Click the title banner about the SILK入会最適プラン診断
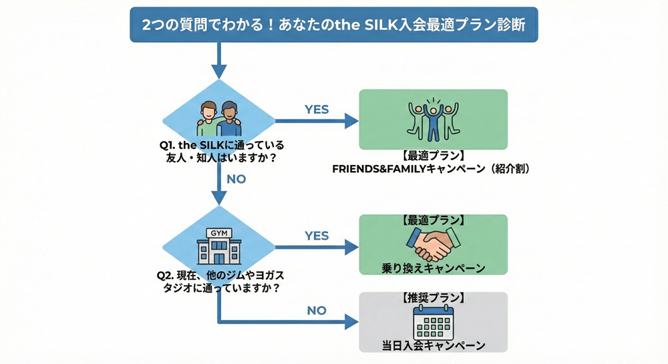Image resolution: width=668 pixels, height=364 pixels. click(333, 25)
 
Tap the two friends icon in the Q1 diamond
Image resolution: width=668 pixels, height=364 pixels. click(218, 119)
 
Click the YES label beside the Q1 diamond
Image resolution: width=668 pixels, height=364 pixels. click(317, 109)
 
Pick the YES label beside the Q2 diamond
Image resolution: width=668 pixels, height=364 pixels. click(317, 236)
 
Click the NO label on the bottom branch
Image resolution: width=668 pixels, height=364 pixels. click(317, 311)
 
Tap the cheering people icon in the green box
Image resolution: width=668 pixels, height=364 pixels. click(433, 120)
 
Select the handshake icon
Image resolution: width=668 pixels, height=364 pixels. click(433, 244)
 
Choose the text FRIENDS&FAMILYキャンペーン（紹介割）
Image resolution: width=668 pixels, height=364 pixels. click(432, 169)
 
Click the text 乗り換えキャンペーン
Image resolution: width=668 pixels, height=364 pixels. click(433, 268)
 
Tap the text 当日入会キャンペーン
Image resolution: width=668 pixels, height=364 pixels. click(433, 345)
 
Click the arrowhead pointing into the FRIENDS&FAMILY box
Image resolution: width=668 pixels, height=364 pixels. click(351, 121)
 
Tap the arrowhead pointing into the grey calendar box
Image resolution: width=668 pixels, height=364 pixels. click(351, 323)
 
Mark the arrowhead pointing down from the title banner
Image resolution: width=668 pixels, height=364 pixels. click(218, 70)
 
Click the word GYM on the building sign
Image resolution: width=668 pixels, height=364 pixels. click(218, 232)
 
